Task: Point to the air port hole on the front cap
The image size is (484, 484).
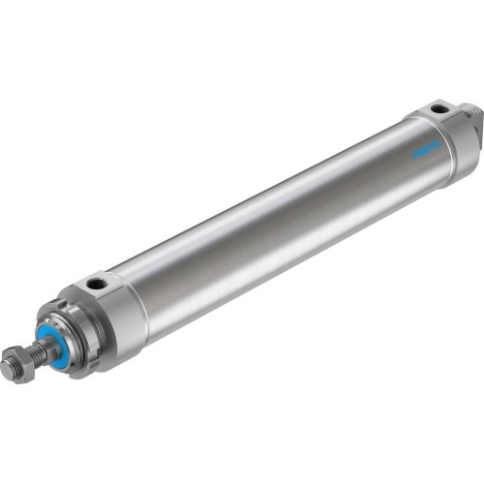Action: (x=97, y=285)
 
